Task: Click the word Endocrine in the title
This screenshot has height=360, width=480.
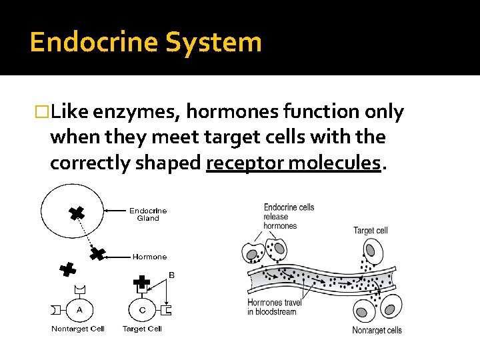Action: click(93, 42)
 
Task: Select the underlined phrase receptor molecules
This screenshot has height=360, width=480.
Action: click(294, 163)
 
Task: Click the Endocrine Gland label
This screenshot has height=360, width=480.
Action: click(148, 214)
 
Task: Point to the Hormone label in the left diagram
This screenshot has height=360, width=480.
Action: click(149, 257)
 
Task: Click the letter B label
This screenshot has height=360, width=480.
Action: click(171, 274)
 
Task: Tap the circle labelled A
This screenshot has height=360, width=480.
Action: click(79, 310)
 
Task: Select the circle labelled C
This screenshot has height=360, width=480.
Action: click(141, 310)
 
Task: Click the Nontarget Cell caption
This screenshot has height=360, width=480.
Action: click(78, 329)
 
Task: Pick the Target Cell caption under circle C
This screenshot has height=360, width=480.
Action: click(142, 329)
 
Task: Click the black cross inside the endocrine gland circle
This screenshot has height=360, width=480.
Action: click(77, 213)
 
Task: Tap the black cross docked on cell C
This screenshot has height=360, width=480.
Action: click(141, 284)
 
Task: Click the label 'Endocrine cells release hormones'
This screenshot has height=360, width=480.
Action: click(289, 217)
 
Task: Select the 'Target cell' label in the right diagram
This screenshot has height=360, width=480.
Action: click(370, 231)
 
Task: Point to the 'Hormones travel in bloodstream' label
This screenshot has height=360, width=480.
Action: click(275, 307)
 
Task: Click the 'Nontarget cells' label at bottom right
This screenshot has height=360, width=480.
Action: click(377, 330)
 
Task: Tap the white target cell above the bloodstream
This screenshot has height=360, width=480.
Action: click(372, 253)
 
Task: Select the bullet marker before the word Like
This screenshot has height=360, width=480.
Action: click(43, 113)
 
